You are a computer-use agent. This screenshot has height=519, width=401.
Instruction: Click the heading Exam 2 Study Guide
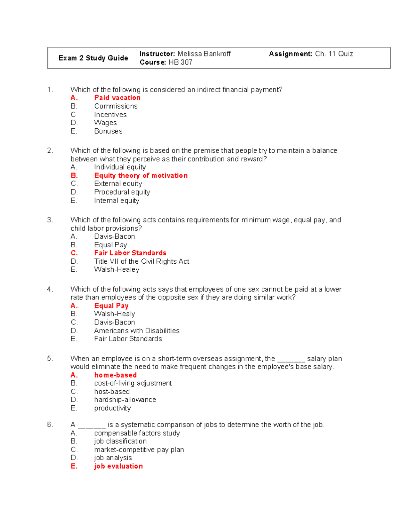[93, 58]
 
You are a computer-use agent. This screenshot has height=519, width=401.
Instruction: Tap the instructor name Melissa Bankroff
[204, 54]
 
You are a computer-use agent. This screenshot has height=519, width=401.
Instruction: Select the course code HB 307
[180, 62]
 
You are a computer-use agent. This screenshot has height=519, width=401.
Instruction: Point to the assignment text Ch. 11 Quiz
[334, 54]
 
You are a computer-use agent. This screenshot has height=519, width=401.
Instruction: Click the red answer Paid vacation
[117, 98]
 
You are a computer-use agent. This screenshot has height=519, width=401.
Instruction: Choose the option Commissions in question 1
[116, 106]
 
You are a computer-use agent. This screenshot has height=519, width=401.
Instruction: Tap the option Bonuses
[108, 131]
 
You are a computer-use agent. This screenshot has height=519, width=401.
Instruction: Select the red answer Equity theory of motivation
[141, 175]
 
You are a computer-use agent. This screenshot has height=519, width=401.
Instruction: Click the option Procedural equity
[122, 192]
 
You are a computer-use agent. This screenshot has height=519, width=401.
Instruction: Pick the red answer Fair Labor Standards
[130, 253]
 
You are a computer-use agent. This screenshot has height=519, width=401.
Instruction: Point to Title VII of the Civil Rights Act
[142, 261]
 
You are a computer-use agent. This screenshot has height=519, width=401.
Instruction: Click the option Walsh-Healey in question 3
[117, 270]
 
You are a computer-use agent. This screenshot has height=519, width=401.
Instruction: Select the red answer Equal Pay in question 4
[111, 306]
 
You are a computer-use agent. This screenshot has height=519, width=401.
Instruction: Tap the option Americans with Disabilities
[137, 331]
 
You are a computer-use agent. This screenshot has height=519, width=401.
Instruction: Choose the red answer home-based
[115, 375]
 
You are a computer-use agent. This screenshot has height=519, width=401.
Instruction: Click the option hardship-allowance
[125, 400]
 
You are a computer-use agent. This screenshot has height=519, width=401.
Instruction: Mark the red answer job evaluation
[118, 466]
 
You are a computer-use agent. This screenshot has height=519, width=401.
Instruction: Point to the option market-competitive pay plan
[139, 450]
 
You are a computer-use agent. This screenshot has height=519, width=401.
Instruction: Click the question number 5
[50, 359]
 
